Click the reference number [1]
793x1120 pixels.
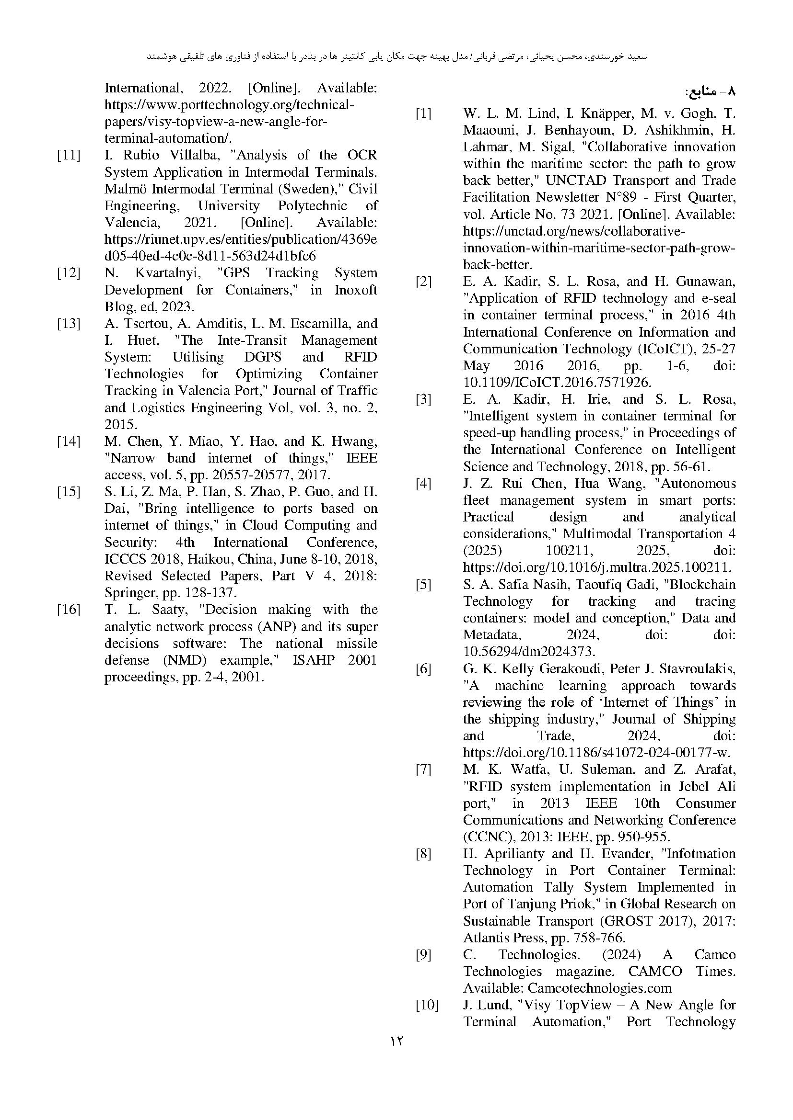click(423, 114)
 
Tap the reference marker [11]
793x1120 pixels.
click(69, 156)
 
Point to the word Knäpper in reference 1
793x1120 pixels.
click(606, 114)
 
